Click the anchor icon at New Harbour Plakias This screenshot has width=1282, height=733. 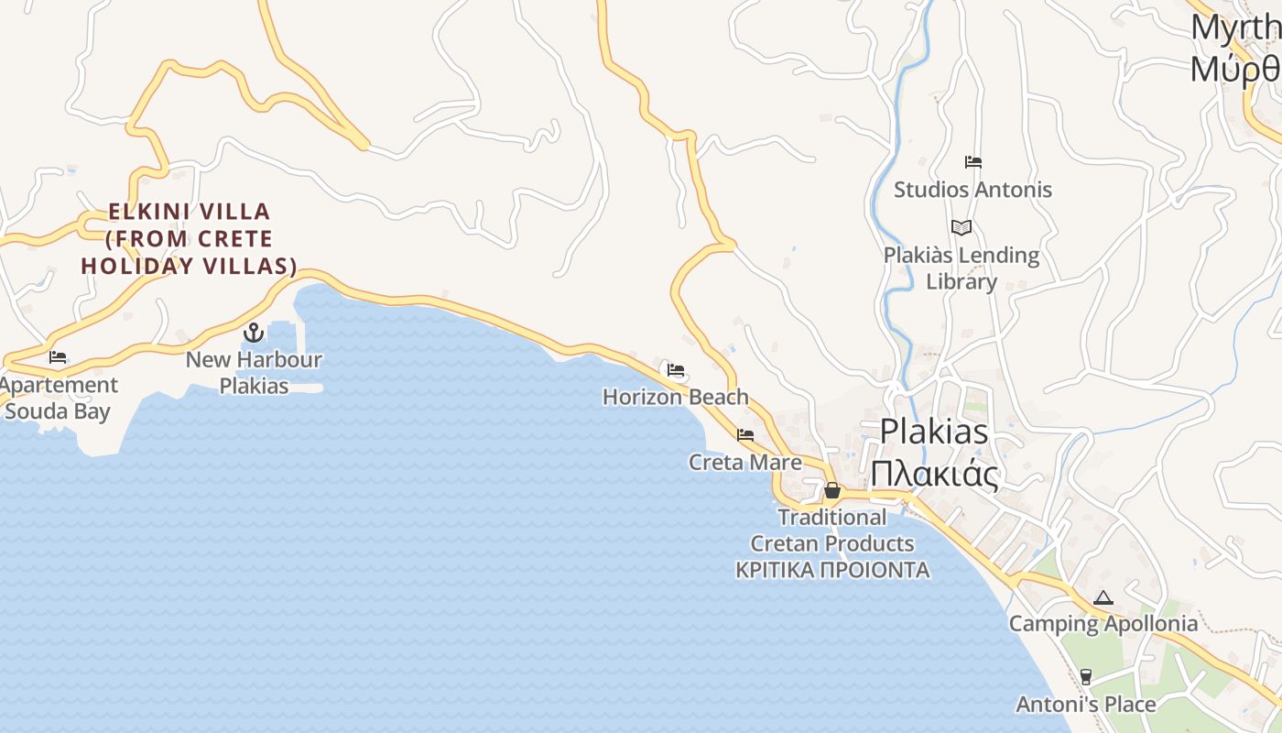(x=254, y=333)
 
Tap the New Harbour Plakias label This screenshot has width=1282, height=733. (x=254, y=372)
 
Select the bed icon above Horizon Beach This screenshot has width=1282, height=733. (x=676, y=370)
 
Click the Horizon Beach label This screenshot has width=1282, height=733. (x=676, y=397)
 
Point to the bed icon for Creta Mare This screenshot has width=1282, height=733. (x=745, y=435)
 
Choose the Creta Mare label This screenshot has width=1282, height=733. (x=745, y=462)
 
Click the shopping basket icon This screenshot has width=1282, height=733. (x=831, y=490)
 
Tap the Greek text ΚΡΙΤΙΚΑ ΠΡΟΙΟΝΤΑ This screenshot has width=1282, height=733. (x=832, y=570)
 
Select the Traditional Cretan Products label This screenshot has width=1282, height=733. (x=832, y=530)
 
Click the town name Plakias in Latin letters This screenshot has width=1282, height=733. (x=934, y=431)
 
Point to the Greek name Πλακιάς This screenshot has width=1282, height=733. (x=933, y=474)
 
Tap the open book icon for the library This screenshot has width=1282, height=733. (x=961, y=228)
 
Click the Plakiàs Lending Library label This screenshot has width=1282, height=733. (x=961, y=268)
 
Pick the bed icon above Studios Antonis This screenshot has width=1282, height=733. (x=972, y=163)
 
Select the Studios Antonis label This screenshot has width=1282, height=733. (x=972, y=190)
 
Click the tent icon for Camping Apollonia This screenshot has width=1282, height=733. (x=1103, y=598)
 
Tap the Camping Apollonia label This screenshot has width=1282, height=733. (x=1103, y=624)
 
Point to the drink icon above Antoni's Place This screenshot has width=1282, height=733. (x=1086, y=677)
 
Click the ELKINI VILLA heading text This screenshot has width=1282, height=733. (x=190, y=212)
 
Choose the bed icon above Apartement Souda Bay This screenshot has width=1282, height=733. (x=58, y=357)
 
